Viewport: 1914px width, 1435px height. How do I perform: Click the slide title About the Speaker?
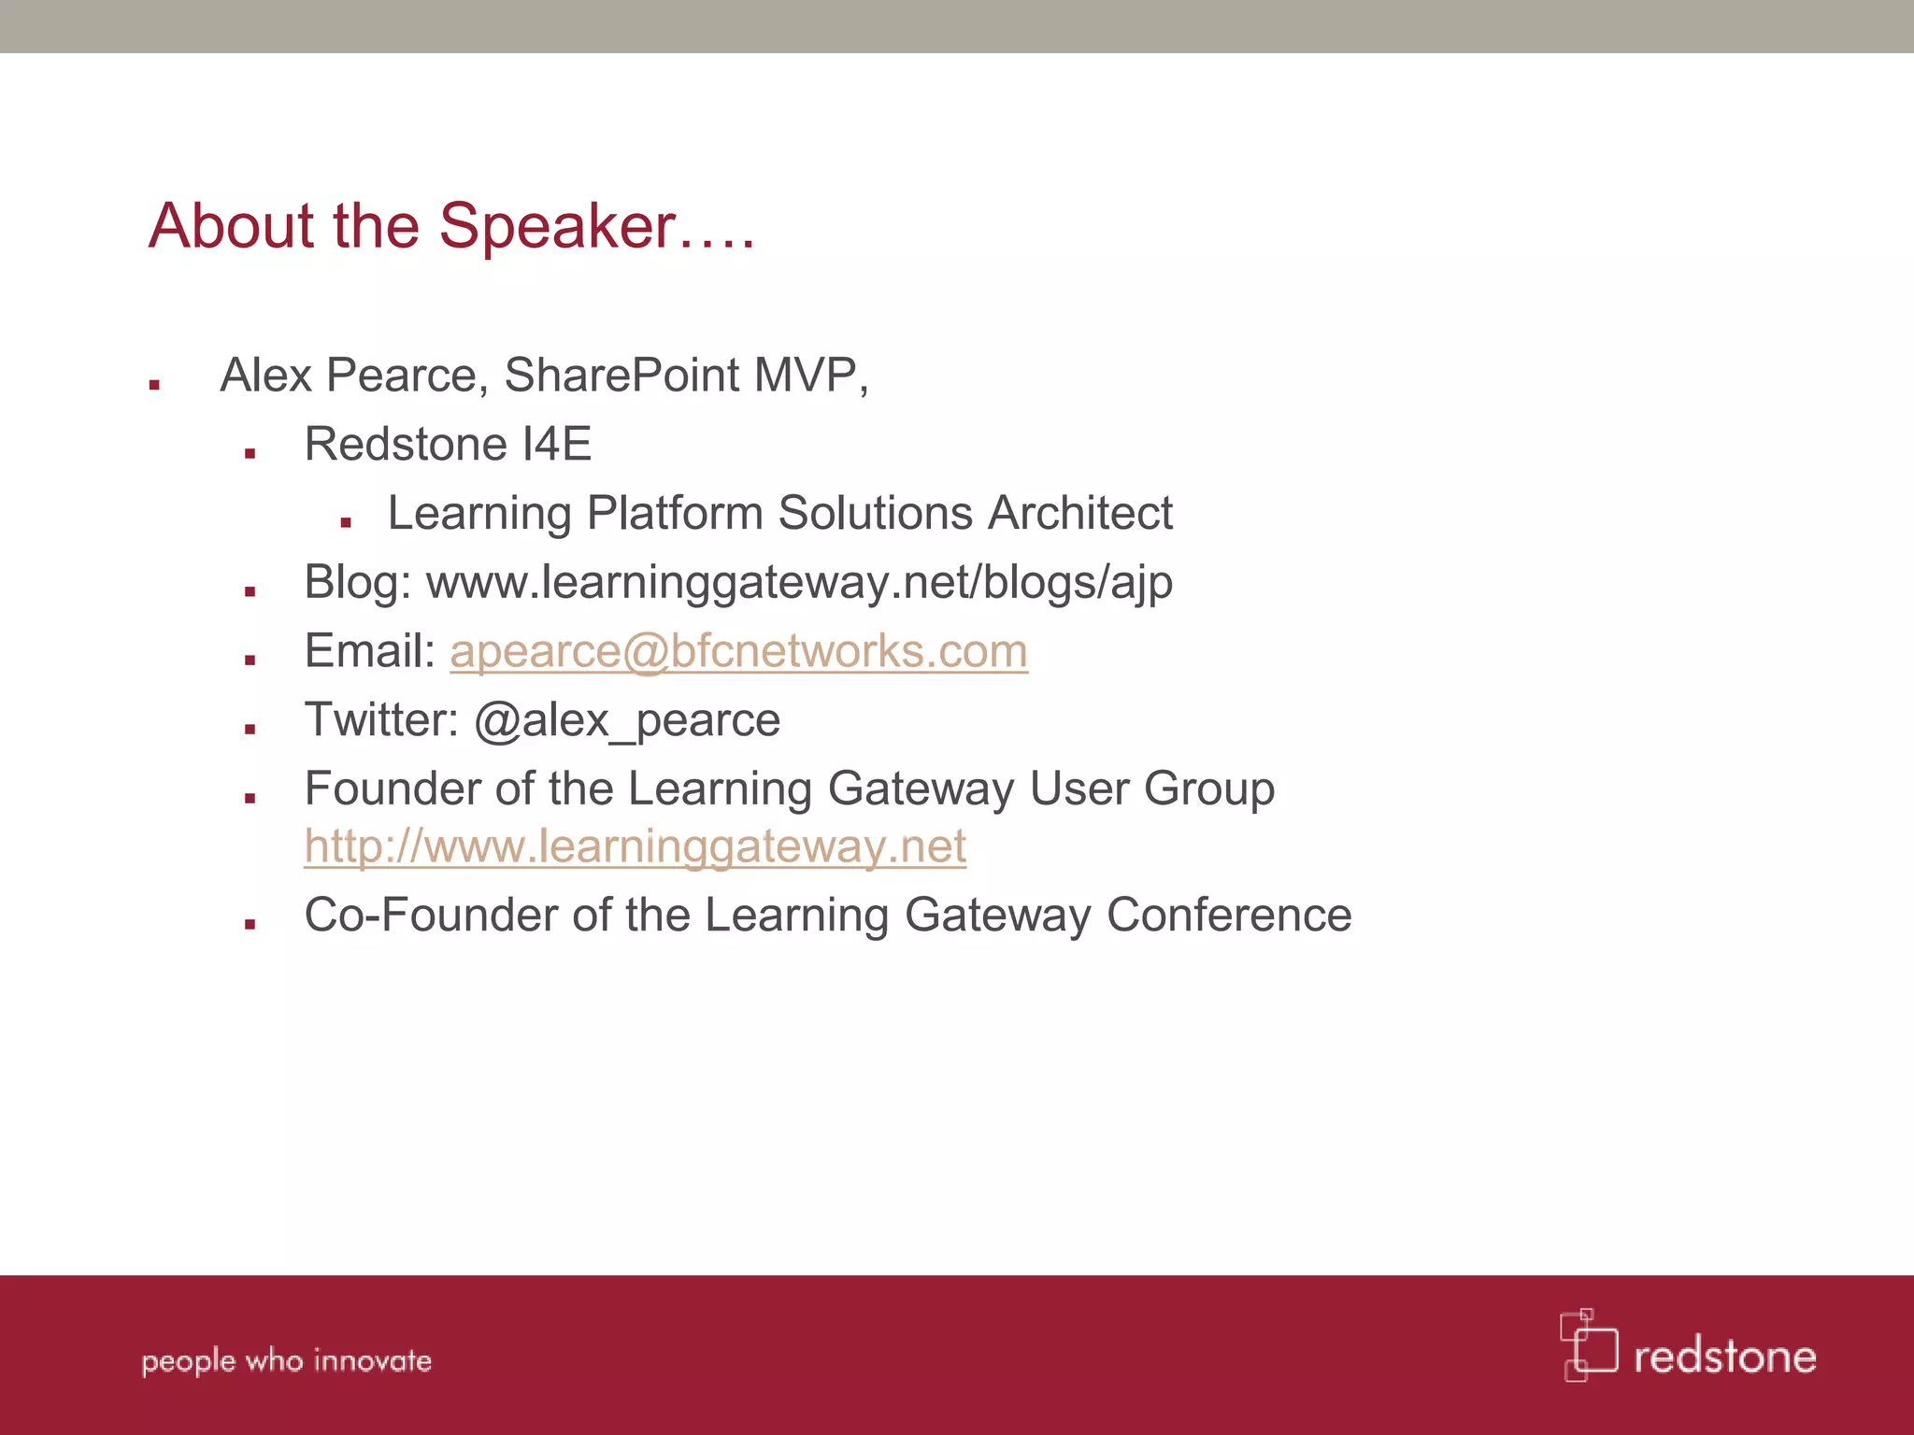(451, 226)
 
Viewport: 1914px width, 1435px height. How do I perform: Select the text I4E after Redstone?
(556, 444)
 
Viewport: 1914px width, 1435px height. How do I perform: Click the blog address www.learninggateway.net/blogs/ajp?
(799, 583)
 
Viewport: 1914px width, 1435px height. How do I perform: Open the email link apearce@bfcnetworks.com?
(738, 651)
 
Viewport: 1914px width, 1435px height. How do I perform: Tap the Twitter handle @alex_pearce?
(626, 720)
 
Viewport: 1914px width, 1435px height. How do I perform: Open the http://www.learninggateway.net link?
(635, 846)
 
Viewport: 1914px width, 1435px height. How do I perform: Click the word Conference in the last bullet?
(1229, 915)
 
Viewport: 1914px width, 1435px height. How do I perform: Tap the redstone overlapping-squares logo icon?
(1588, 1344)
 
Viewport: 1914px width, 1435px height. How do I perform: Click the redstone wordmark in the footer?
(1724, 1357)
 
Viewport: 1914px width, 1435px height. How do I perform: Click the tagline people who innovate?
(286, 1360)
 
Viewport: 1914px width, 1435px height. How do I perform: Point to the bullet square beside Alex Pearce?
(154, 384)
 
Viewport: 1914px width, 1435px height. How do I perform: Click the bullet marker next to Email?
(250, 660)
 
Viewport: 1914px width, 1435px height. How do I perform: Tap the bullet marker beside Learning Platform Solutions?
(346, 522)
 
